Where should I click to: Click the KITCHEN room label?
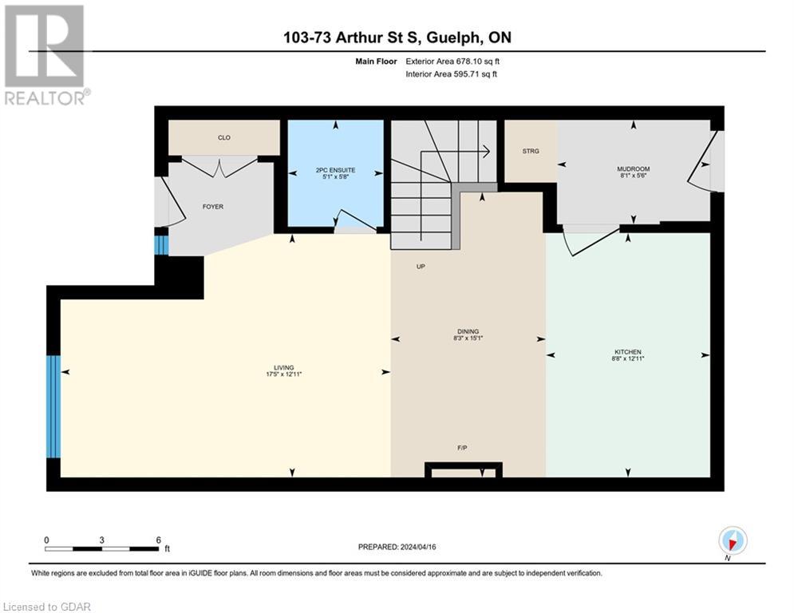pos(628,352)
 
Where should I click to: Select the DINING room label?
pos(468,331)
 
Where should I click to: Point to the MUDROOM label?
pos(634,169)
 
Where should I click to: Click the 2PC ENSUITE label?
pos(335,170)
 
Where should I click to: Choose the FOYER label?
pos(213,207)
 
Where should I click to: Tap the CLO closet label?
pos(224,138)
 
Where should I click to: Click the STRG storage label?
pos(531,151)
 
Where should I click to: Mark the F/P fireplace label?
pos(462,448)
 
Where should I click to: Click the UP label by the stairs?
pos(421,267)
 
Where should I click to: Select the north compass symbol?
pos(732,541)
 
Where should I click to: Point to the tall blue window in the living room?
pos(53,407)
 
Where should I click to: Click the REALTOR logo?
pos(45,54)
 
